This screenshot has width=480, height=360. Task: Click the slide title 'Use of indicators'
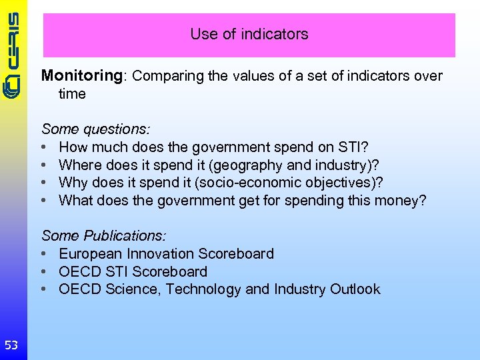click(249, 34)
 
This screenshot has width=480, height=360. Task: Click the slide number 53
click(11, 345)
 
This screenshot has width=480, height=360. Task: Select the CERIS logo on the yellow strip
click(13, 57)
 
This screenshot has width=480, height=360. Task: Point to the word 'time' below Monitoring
click(72, 94)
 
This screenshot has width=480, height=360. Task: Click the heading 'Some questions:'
click(96, 129)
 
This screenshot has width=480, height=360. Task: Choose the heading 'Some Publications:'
click(104, 236)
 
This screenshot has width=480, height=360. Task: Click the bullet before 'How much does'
click(43, 147)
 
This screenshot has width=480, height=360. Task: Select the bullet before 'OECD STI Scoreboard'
click(43, 272)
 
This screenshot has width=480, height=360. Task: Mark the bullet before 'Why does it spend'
click(43, 183)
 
